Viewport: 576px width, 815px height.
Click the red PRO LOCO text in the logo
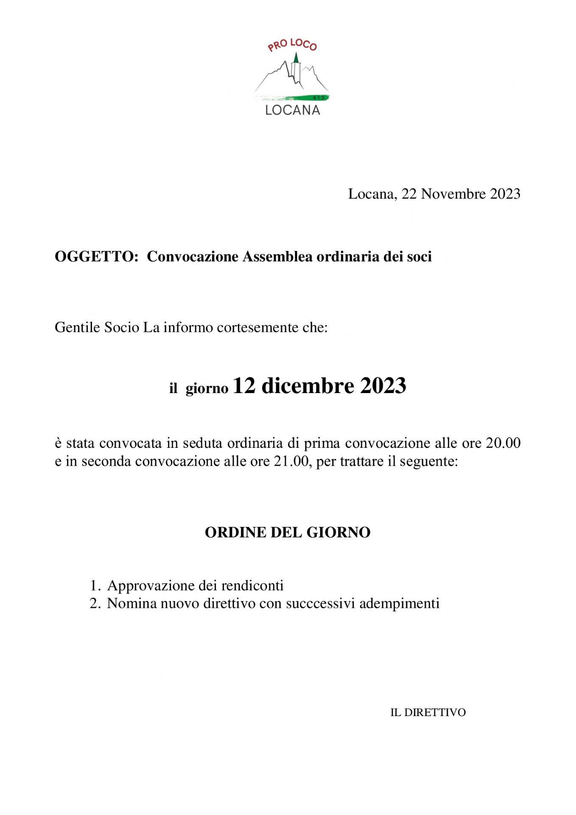[x=292, y=45]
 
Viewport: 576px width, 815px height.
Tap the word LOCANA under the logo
[x=292, y=110]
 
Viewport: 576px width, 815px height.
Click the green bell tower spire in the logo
[x=296, y=58]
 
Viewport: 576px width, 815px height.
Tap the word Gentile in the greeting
[x=78, y=327]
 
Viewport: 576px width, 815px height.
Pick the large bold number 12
[x=244, y=385]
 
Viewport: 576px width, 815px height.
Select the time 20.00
[x=503, y=443]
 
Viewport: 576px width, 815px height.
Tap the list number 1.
[x=95, y=586]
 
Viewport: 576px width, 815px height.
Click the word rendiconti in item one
[x=252, y=586]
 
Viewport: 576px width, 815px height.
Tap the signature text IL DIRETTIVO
[x=428, y=712]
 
